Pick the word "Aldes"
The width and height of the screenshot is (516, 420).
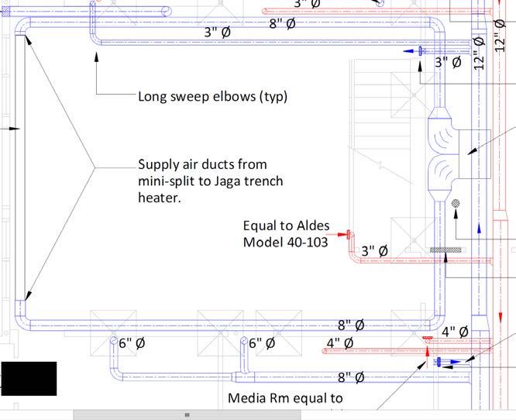click(x=311, y=226)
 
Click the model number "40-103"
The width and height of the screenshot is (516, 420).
click(x=308, y=242)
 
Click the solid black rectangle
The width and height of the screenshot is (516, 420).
click(x=29, y=378)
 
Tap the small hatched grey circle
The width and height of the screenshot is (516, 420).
click(x=456, y=203)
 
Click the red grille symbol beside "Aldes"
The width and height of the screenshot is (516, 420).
click(x=349, y=234)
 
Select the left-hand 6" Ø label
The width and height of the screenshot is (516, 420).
click(x=132, y=343)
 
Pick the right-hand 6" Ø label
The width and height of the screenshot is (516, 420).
click(x=262, y=343)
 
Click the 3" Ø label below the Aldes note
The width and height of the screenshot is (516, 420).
click(x=374, y=251)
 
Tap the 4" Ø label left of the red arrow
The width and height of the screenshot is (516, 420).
click(x=339, y=343)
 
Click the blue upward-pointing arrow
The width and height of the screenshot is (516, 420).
click(x=480, y=229)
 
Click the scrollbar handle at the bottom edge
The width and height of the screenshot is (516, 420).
click(x=187, y=415)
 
